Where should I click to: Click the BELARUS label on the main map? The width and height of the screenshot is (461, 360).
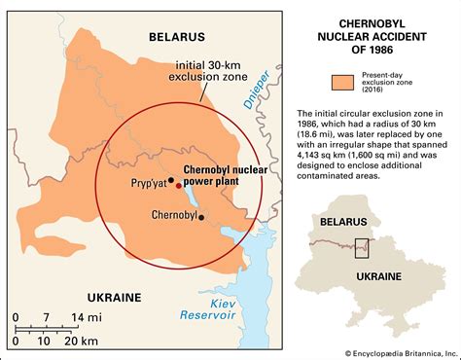pos(177,36)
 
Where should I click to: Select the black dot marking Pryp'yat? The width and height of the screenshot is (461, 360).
pos(170,180)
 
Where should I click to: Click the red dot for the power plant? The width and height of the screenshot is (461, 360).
pos(178,184)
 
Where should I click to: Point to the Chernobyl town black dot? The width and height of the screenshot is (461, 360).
pos(201,218)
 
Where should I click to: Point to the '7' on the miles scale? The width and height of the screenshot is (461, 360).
pos(46,317)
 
